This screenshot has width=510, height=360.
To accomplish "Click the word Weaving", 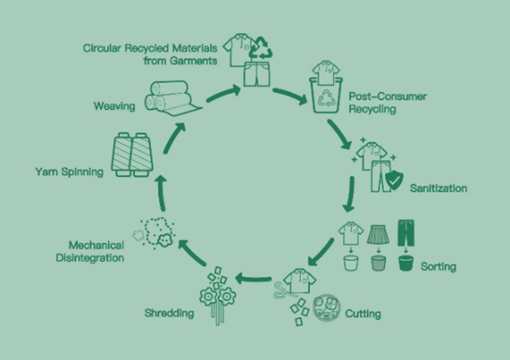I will (x=114, y=106).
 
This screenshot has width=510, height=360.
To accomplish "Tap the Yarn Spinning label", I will (x=69, y=172).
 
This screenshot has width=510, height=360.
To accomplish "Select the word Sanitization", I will (x=438, y=188).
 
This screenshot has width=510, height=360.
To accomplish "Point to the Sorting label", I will (x=438, y=267).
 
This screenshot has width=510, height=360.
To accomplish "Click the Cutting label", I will (x=363, y=313).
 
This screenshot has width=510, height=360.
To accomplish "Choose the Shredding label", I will (x=169, y=313).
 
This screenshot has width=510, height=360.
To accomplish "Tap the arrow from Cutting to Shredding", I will (x=253, y=279).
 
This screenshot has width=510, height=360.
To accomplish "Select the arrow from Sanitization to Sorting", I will (x=349, y=194).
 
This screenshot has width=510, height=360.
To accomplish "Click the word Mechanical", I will (x=96, y=245).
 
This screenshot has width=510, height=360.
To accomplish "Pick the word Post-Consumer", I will (x=387, y=97).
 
